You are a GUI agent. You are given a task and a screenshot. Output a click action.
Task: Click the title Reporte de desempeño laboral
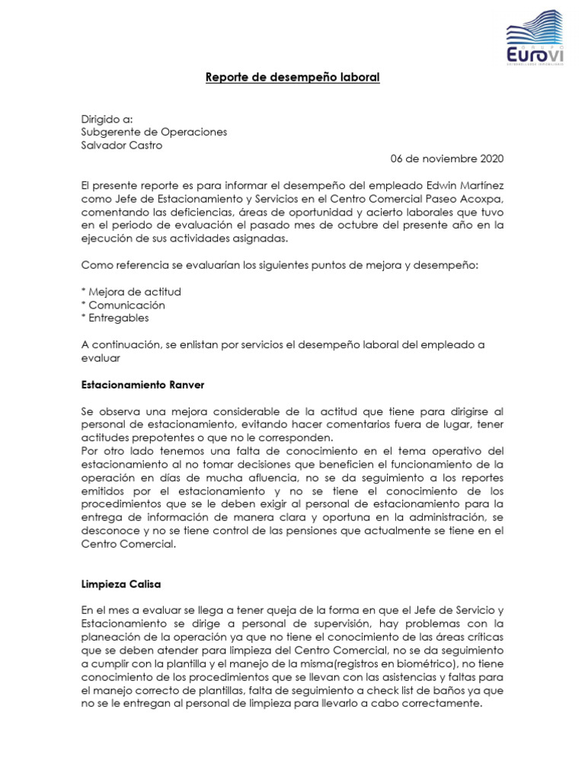pos(292,78)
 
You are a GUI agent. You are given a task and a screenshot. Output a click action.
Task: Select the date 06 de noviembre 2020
pos(447,159)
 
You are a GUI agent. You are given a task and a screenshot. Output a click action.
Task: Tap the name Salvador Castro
pos(122,145)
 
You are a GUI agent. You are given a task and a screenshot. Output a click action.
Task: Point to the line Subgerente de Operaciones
pos(154,132)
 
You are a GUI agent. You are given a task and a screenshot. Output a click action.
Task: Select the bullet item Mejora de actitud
pos(131,292)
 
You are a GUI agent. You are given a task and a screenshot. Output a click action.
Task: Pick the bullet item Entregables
pos(115,318)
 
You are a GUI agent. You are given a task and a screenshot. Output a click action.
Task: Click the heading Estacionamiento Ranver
pos(142,384)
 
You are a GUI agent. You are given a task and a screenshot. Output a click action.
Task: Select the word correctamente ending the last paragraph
pos(442,704)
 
